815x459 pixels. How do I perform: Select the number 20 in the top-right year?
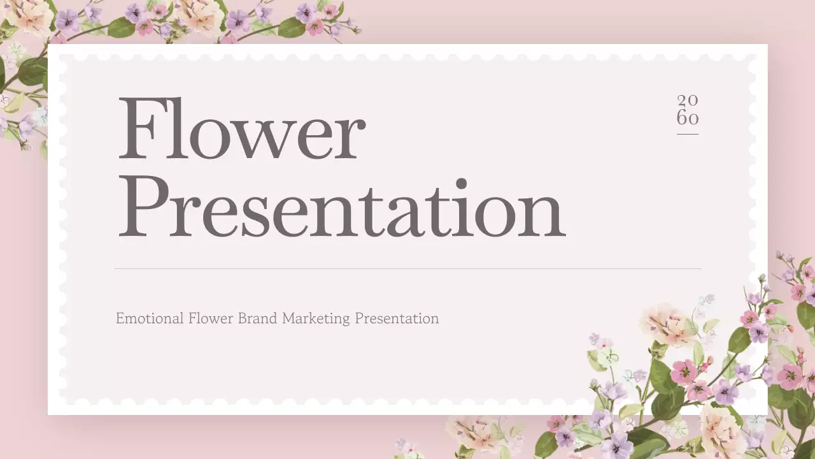tap(688, 100)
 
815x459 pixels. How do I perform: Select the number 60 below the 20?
tap(688, 118)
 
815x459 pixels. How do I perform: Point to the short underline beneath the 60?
tap(688, 134)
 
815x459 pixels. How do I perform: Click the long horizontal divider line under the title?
tap(407, 268)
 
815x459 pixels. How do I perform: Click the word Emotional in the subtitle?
tap(150, 318)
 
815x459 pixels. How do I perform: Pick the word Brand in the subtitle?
tap(258, 318)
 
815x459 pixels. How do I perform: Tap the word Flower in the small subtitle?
tap(211, 318)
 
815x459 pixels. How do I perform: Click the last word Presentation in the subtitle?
tap(397, 318)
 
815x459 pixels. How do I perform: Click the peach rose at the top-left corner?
tap(29, 14)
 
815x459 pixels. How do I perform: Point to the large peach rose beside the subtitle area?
tap(665, 323)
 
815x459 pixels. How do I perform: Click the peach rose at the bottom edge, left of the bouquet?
tap(474, 433)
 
